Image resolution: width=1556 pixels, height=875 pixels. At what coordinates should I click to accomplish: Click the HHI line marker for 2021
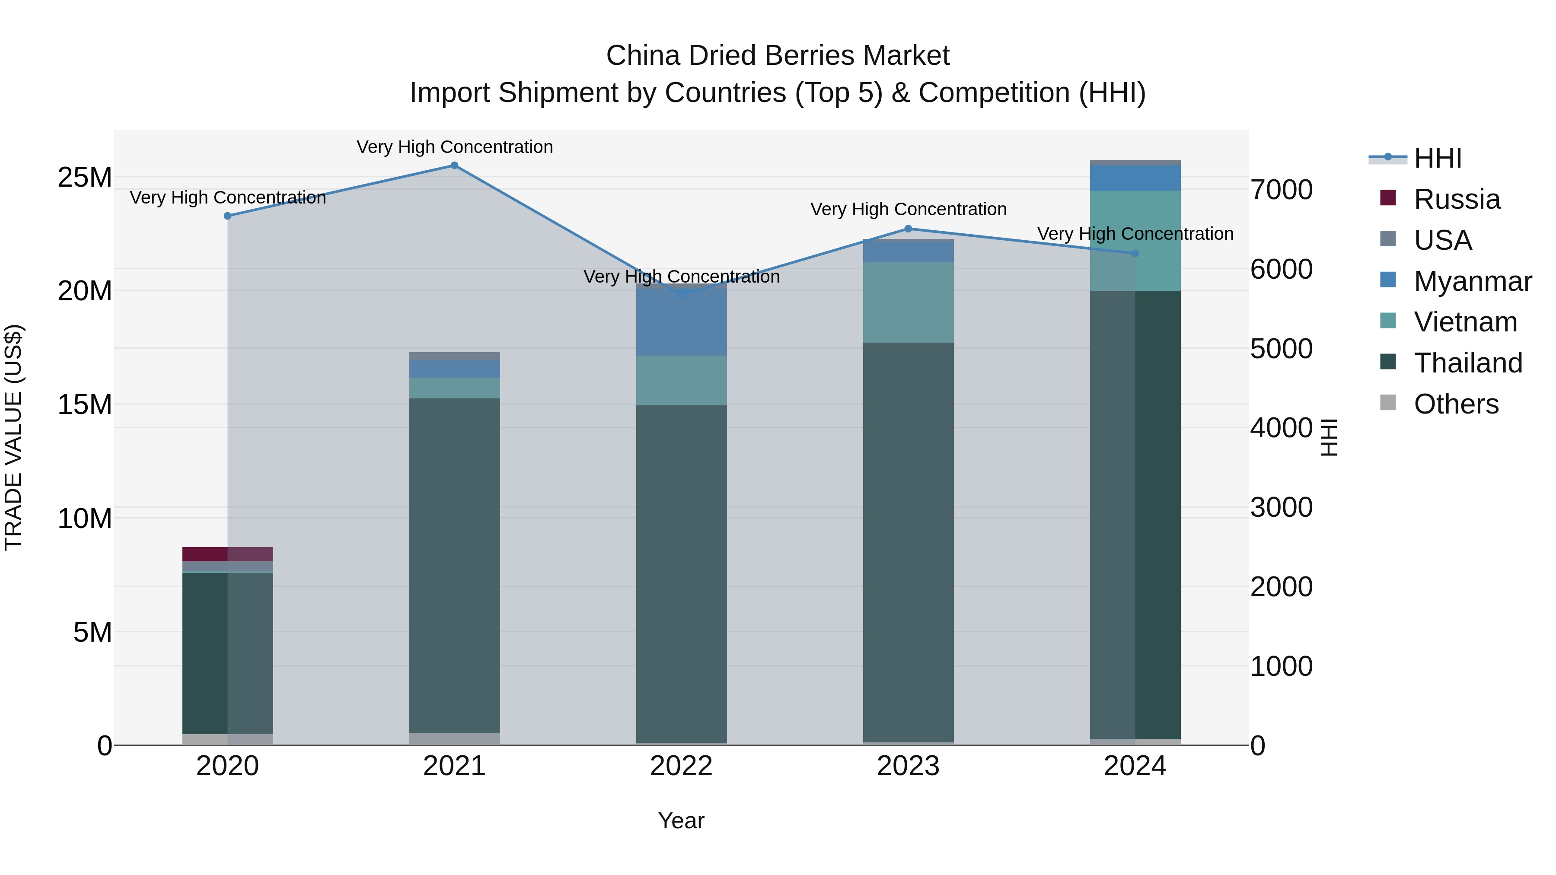[x=454, y=165]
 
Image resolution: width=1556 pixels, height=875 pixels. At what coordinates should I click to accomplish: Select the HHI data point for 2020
[x=228, y=216]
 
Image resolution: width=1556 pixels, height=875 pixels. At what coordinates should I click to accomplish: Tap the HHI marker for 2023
[x=908, y=229]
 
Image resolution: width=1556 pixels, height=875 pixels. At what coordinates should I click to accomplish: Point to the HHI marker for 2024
[x=1135, y=254]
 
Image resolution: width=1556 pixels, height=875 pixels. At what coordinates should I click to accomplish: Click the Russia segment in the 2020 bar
[x=228, y=554]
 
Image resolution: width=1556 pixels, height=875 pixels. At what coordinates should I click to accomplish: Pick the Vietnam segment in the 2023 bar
[x=908, y=302]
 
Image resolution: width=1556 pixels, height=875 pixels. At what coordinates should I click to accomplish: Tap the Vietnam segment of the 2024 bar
[x=1135, y=240]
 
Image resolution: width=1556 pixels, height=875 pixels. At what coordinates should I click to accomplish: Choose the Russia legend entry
[x=1456, y=199]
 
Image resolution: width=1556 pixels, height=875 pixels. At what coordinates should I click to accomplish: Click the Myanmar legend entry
[x=1472, y=281]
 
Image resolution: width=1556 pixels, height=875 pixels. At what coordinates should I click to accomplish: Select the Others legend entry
[x=1456, y=404]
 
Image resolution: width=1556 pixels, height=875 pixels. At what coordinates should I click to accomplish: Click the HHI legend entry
[x=1438, y=158]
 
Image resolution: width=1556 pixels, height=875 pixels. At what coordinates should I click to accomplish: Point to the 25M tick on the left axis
[x=85, y=178]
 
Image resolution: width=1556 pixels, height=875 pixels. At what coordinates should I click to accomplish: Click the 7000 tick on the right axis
[x=1281, y=190]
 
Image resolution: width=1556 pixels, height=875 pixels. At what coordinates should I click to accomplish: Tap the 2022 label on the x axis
[x=681, y=766]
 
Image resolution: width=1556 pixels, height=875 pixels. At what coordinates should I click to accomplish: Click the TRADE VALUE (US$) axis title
[x=13, y=437]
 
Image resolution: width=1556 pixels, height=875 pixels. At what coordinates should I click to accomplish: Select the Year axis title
[x=681, y=821]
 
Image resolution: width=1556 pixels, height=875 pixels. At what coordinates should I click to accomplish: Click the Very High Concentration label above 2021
[x=454, y=147]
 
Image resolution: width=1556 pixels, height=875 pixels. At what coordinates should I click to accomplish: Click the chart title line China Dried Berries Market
[x=778, y=56]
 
